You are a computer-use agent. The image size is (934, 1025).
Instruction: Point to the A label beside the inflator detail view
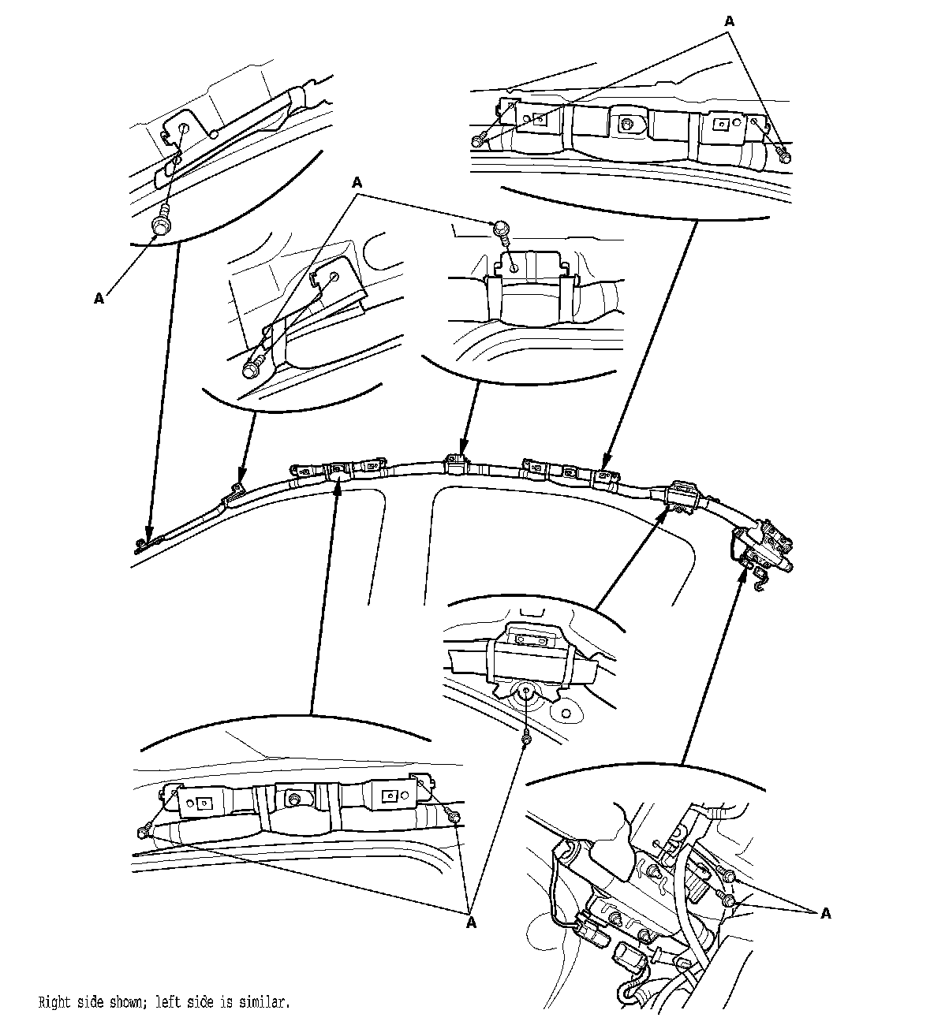(x=826, y=913)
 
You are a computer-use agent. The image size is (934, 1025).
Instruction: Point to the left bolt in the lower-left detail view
(x=143, y=831)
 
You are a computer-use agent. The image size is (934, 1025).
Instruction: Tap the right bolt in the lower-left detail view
(x=456, y=817)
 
